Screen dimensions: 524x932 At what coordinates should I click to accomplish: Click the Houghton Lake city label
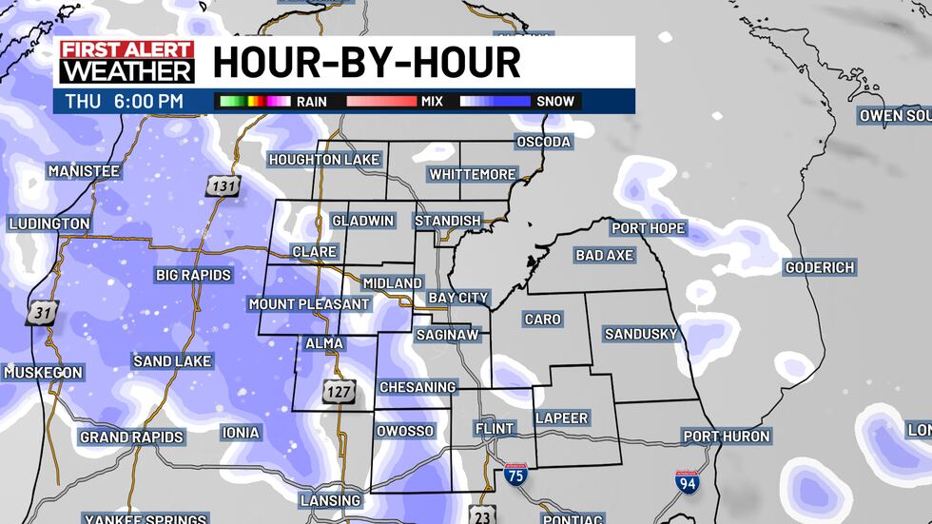tap(324, 159)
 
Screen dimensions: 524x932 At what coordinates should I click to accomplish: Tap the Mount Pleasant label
tap(309, 304)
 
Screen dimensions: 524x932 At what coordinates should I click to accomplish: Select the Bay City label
tap(457, 298)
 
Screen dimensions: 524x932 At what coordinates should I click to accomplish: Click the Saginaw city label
tap(447, 335)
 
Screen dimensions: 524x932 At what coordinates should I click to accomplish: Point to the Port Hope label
tap(648, 228)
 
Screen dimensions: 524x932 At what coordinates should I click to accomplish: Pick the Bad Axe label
tap(605, 255)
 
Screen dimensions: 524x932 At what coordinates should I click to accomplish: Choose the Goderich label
tap(820, 267)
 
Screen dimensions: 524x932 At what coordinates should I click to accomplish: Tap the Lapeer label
tap(561, 417)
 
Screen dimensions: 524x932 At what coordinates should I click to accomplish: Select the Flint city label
tap(495, 429)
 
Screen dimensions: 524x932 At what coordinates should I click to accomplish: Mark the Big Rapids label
tap(194, 275)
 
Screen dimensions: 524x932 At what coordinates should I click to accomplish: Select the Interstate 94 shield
tap(687, 482)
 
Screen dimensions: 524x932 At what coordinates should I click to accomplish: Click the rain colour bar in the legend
tap(254, 101)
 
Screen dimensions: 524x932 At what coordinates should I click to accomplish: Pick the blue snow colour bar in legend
tap(495, 101)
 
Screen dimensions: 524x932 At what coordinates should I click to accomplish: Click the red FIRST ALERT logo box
tap(126, 50)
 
